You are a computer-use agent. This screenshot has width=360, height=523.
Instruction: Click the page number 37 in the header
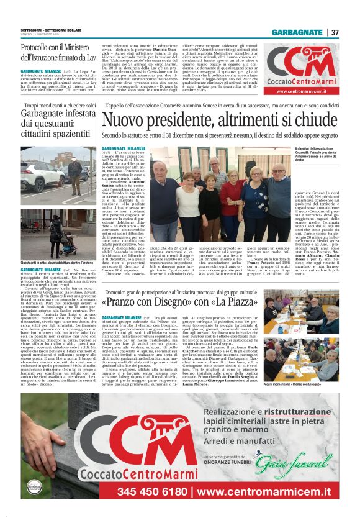335,32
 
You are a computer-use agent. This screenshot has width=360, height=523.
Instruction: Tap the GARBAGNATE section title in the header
297,32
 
